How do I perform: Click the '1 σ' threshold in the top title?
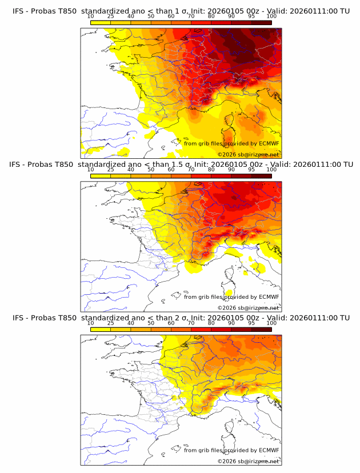[183, 11]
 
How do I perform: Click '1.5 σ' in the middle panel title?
[186, 165]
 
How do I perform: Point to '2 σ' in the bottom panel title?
[183, 318]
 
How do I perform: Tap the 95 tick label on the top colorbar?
[252, 17]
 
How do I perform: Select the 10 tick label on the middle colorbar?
[90, 170]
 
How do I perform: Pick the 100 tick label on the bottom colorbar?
[272, 323]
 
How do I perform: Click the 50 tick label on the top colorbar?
[151, 17]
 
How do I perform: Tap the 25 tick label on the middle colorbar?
[110, 170]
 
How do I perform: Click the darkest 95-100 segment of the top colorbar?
[262, 23]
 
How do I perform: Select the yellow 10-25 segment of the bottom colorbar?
[101, 330]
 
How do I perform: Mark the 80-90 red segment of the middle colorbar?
[221, 176]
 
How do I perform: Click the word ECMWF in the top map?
[269, 143]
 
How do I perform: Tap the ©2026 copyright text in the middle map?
[227, 308]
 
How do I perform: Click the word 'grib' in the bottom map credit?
[205, 450]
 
